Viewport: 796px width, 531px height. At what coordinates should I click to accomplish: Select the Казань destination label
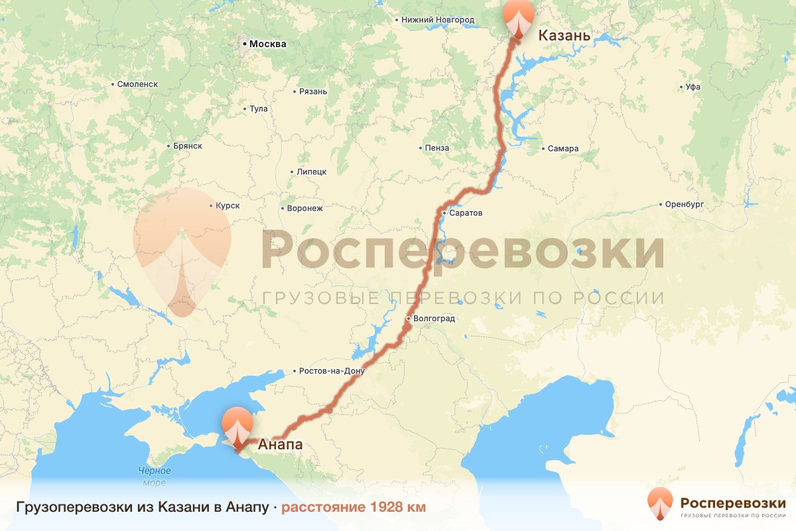coord(564,35)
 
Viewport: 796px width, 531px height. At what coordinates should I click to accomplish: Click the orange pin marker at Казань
coord(519,17)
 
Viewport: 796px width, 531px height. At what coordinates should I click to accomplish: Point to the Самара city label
coord(563,149)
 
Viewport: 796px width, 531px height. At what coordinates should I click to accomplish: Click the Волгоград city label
coord(434,319)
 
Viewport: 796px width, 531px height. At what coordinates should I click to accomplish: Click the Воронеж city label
coord(304,208)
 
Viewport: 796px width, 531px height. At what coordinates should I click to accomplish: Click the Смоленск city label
coord(137,84)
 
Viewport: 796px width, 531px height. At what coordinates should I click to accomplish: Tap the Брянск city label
coord(186,146)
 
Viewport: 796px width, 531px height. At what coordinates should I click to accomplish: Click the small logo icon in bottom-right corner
coord(659,503)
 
